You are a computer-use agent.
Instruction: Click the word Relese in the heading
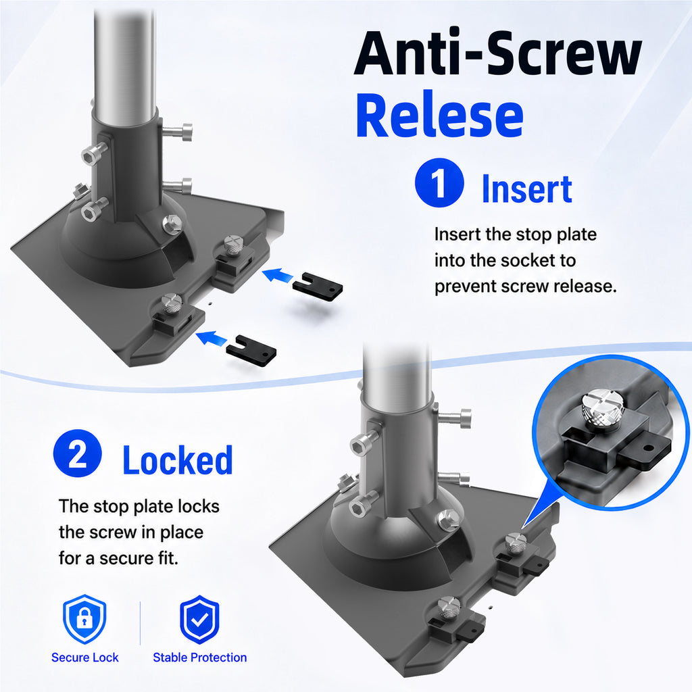point(439,116)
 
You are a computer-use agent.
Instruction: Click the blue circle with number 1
point(439,182)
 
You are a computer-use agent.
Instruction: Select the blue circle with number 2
point(77,453)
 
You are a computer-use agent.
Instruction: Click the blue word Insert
point(527,189)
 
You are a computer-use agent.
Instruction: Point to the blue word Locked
point(178,460)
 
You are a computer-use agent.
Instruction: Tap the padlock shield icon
point(84,619)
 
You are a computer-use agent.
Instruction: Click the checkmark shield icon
point(199,619)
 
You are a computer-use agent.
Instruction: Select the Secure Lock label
point(84,658)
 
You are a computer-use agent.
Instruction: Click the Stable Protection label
point(199,658)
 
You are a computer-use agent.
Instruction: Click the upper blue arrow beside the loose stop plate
point(277,276)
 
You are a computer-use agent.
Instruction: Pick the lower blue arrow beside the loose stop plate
point(211,339)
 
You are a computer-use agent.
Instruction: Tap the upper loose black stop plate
point(318,287)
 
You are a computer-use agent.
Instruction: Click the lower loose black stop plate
point(251,351)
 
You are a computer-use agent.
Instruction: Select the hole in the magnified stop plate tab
point(648,449)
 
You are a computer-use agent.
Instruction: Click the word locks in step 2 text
point(197,506)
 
